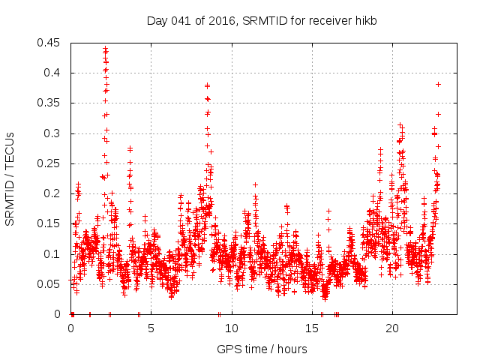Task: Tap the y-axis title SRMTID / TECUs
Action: (x=10, y=178)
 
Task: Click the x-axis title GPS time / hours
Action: (x=262, y=349)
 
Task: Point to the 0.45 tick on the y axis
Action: (x=50, y=43)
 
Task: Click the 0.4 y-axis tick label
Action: (x=53, y=73)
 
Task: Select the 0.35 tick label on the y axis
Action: (x=50, y=103)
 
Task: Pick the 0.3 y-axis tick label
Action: (x=53, y=133)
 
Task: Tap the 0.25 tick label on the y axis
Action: (x=50, y=163)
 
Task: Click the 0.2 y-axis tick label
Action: (x=53, y=193)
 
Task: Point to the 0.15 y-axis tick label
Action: (x=50, y=223)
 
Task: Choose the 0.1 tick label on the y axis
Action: (x=53, y=254)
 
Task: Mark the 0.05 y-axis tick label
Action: (x=50, y=284)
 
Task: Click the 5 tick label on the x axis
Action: (x=151, y=328)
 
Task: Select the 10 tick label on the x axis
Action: (x=231, y=328)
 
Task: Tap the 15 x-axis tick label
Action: (x=311, y=328)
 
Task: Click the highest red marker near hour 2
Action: (x=105, y=49)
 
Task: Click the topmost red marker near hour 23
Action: (x=438, y=84)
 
